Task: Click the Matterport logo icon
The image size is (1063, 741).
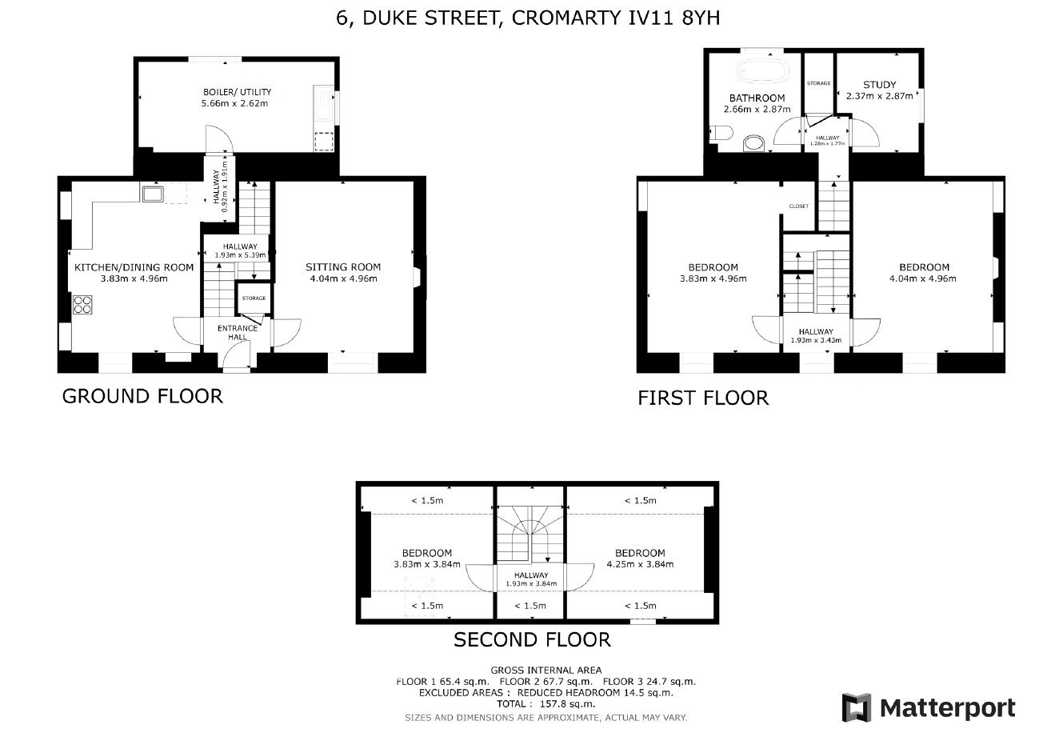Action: tap(856, 707)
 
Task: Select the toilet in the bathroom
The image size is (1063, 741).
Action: tap(721, 133)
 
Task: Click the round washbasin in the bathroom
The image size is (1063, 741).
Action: tap(753, 143)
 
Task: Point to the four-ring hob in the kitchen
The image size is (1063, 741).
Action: tap(82, 304)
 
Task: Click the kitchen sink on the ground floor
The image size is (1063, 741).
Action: tap(152, 194)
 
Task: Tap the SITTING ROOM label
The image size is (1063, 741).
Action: tap(343, 266)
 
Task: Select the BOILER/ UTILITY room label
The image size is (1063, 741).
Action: tap(237, 91)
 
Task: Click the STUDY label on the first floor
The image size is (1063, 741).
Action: tap(879, 85)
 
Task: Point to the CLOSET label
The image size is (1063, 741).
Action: tap(799, 206)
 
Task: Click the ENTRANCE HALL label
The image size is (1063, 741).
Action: tap(238, 332)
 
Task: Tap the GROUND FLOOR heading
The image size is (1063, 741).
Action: tap(142, 396)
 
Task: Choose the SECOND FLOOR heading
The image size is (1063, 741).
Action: tap(532, 640)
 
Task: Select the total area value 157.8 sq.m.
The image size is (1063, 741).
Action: tap(567, 703)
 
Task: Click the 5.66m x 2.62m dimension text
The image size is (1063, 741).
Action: tap(234, 103)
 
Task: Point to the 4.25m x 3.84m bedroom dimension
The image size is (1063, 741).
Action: tap(640, 564)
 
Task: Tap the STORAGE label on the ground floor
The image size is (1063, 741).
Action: tap(254, 298)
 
